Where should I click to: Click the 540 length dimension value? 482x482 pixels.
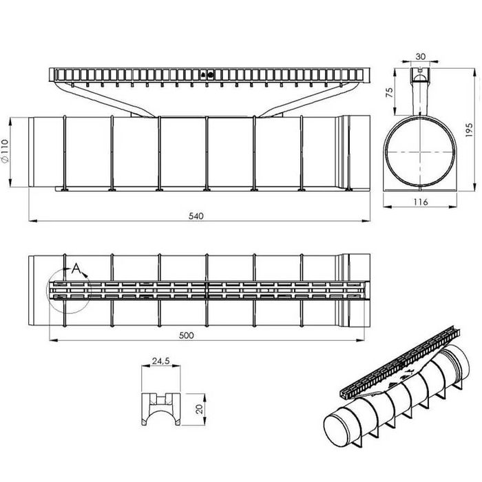click(x=196, y=216)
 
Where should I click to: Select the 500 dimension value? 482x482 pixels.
click(x=187, y=335)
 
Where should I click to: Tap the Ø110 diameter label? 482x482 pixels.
click(x=6, y=151)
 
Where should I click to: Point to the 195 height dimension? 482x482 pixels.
click(x=469, y=130)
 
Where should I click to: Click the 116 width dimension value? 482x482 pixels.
click(x=420, y=202)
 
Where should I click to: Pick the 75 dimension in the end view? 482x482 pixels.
click(x=390, y=92)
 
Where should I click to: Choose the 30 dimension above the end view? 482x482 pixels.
click(x=421, y=56)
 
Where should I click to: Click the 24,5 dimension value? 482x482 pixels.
click(x=160, y=361)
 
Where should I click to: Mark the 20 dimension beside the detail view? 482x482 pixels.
click(x=199, y=408)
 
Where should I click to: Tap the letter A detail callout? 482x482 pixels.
click(x=76, y=269)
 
